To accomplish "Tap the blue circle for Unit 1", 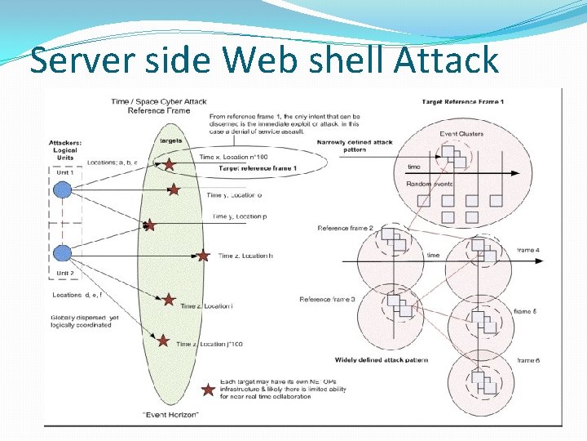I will point(62,190).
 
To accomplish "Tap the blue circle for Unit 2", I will point(62,252).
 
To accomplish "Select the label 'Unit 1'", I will point(64,172).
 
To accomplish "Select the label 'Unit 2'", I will point(64,273).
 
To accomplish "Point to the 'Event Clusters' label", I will point(461,134).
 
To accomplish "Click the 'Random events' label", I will point(429,184).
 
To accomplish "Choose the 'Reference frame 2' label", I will point(345,228).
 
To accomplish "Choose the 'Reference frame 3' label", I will point(327,300).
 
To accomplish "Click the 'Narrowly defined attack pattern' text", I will point(355,146).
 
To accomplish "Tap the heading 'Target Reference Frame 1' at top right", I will point(462,101).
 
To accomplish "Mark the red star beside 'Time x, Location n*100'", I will point(169,164).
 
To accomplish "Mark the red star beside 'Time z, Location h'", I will point(203,256).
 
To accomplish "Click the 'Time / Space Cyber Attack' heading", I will point(159,101).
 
